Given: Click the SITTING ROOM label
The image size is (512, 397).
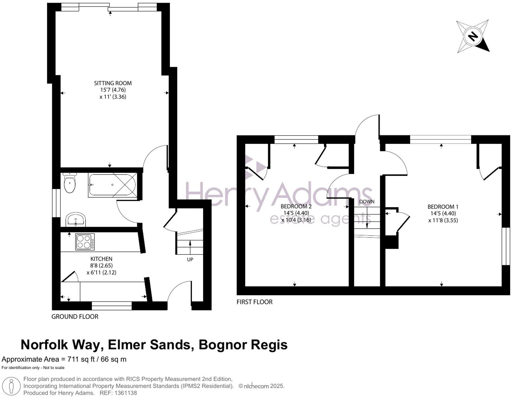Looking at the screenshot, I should [x=113, y=83].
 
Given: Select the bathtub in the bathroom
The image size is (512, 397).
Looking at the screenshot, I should [x=113, y=185].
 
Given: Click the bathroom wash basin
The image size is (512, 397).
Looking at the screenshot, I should [x=76, y=220].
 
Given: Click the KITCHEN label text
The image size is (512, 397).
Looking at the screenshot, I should [x=101, y=259].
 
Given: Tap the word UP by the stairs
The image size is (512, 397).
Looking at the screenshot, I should [x=190, y=260].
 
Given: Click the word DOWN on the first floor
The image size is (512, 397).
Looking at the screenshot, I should [x=367, y=202].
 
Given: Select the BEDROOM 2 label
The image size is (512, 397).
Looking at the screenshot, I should [x=296, y=206].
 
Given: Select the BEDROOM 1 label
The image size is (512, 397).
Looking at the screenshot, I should [x=443, y=207].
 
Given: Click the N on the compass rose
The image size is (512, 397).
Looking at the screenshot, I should [x=473, y=36].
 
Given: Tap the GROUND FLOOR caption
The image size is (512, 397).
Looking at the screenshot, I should [x=75, y=317].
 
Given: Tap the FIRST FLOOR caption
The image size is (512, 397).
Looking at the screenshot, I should [x=254, y=302].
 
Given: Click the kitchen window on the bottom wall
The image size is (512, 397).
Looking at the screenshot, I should [x=112, y=306].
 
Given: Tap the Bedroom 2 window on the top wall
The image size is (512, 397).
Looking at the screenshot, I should [x=296, y=139].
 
